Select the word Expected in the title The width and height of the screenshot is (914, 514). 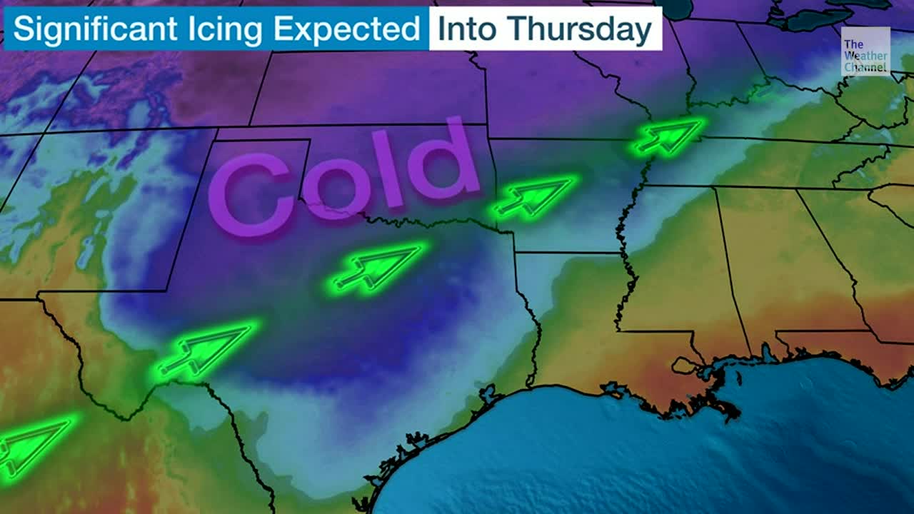[x=348, y=30]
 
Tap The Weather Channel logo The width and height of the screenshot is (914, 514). [x=865, y=51]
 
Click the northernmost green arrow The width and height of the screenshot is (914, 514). [x=668, y=136]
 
